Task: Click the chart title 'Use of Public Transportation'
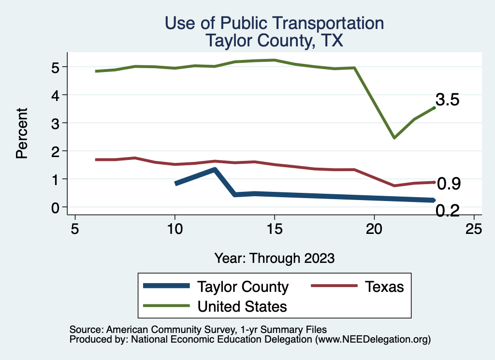[x=274, y=23]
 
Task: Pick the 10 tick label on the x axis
[x=175, y=229]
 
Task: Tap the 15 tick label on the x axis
[x=274, y=229]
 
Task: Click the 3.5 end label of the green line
[x=447, y=100]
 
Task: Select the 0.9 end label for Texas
[x=449, y=184]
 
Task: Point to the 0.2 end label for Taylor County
[x=447, y=211]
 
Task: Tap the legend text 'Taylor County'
[x=243, y=287]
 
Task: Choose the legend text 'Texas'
[x=384, y=287]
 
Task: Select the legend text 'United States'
[x=242, y=306]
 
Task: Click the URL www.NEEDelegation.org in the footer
[x=373, y=339]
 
